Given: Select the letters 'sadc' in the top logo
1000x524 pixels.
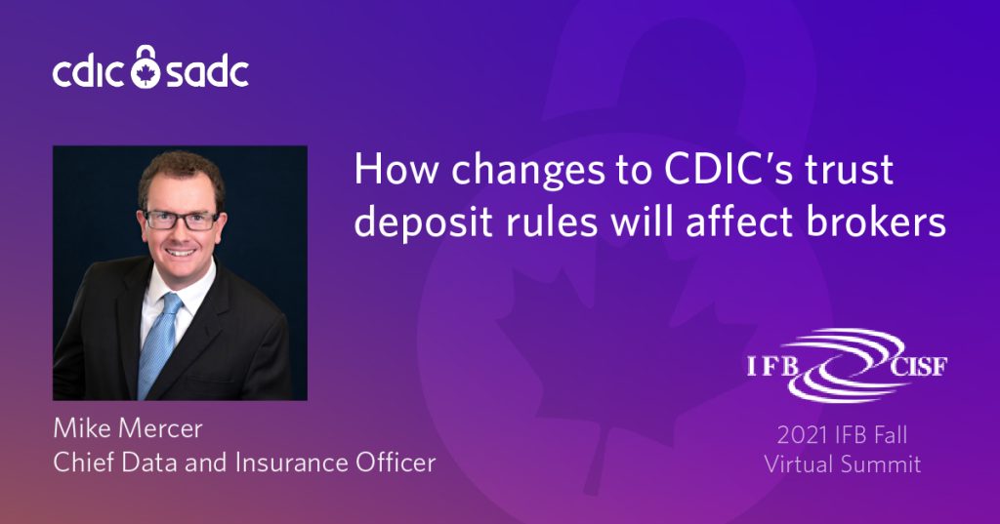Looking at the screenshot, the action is tap(207, 71).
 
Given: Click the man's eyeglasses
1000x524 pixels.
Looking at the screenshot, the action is tap(182, 220).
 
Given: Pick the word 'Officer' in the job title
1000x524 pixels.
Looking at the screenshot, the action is tap(396, 463).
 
